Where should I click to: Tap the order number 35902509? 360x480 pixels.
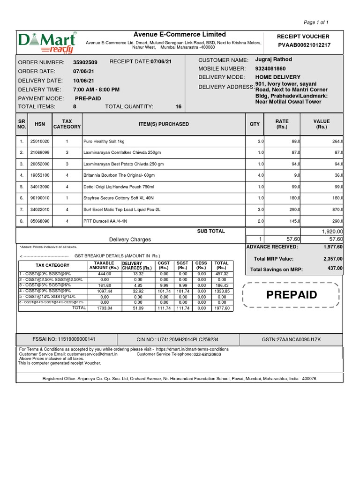pyautogui.click(x=85, y=62)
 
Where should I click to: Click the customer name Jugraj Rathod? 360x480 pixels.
pyautogui.click(x=273, y=60)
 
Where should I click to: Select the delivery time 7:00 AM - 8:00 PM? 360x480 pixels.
pyautogui.click(x=96, y=90)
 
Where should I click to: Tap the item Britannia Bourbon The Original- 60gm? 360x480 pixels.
pyautogui.click(x=119, y=175)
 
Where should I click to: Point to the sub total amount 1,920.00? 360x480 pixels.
pyautogui.click(x=332, y=232)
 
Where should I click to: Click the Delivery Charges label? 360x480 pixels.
pyautogui.click(x=130, y=240)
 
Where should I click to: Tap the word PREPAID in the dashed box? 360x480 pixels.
pyautogui.click(x=292, y=295)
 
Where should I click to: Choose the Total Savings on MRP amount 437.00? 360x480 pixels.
pyautogui.click(x=335, y=269)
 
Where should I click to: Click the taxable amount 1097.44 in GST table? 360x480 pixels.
pyautogui.click(x=105, y=291)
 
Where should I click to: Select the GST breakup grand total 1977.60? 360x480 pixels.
pyautogui.click(x=221, y=308)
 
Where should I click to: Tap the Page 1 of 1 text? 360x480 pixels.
pyautogui.click(x=316, y=22)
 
